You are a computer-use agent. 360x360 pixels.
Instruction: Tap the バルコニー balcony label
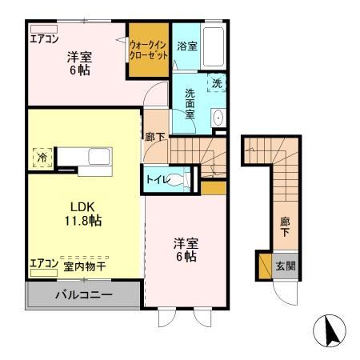pos(83,295)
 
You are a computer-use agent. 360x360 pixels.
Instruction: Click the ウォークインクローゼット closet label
pos(149,50)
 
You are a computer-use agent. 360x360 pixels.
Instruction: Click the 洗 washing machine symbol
pos(217,82)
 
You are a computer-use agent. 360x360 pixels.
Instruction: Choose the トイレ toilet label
pos(157,180)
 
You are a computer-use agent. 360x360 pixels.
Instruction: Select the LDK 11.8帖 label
pos(82,211)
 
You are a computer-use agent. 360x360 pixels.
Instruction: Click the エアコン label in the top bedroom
pos(45,38)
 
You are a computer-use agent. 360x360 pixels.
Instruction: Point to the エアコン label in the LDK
pos(43,264)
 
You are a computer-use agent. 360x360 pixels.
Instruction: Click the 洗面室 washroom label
pos(190,103)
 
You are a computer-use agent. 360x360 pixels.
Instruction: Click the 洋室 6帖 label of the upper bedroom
pos(78,63)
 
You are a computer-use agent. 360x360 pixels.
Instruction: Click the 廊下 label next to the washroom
pos(155,138)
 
